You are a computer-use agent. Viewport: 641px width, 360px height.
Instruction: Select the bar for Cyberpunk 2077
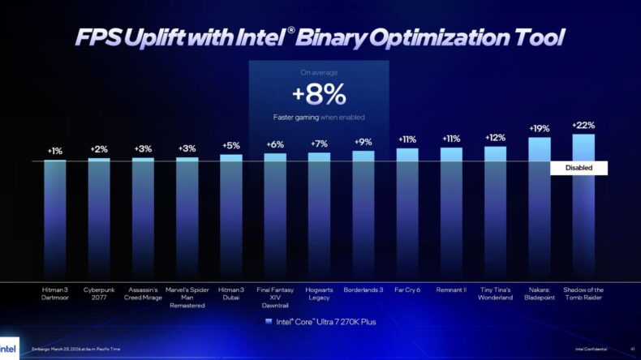point(99,219)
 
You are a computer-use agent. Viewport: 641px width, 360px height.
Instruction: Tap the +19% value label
point(539,128)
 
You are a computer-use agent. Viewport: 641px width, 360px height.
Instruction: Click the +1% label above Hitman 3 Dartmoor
point(55,151)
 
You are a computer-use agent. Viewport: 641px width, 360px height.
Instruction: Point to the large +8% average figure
point(319,95)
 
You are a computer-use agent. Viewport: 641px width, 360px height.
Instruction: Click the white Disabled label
point(579,168)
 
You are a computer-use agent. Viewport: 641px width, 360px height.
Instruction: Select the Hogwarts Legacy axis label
point(319,293)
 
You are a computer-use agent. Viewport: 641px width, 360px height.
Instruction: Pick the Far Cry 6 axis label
point(407,289)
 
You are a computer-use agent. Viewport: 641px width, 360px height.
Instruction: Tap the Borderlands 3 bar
point(363,216)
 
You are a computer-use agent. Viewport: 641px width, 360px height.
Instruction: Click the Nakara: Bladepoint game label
point(539,293)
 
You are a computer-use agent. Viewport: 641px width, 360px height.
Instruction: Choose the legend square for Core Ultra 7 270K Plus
point(269,322)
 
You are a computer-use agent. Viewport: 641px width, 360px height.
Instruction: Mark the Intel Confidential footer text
point(592,349)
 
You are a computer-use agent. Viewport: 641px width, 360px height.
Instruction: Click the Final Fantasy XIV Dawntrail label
point(275,297)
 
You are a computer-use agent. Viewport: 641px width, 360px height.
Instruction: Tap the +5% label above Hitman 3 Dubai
point(231,146)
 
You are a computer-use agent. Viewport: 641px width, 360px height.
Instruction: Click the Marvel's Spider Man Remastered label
point(187,297)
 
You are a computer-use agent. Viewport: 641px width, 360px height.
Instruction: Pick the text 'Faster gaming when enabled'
point(319,118)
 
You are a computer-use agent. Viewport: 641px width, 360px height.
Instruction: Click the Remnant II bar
point(451,214)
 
